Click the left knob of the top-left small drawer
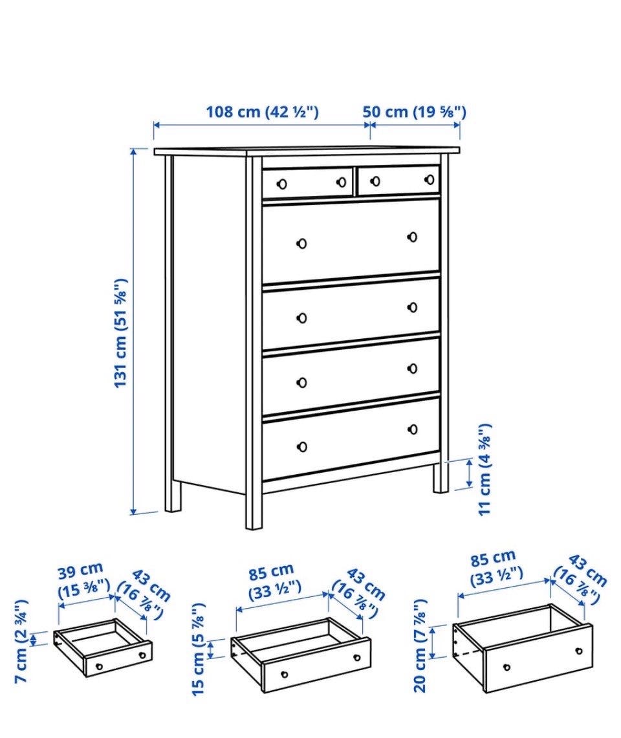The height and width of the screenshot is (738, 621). (x=282, y=184)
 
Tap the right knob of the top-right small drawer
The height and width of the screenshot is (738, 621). (x=430, y=179)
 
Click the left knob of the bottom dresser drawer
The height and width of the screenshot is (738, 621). (x=302, y=446)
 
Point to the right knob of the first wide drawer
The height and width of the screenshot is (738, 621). (x=413, y=237)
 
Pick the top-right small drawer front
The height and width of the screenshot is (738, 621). (x=398, y=180)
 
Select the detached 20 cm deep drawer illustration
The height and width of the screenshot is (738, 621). (x=523, y=649)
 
